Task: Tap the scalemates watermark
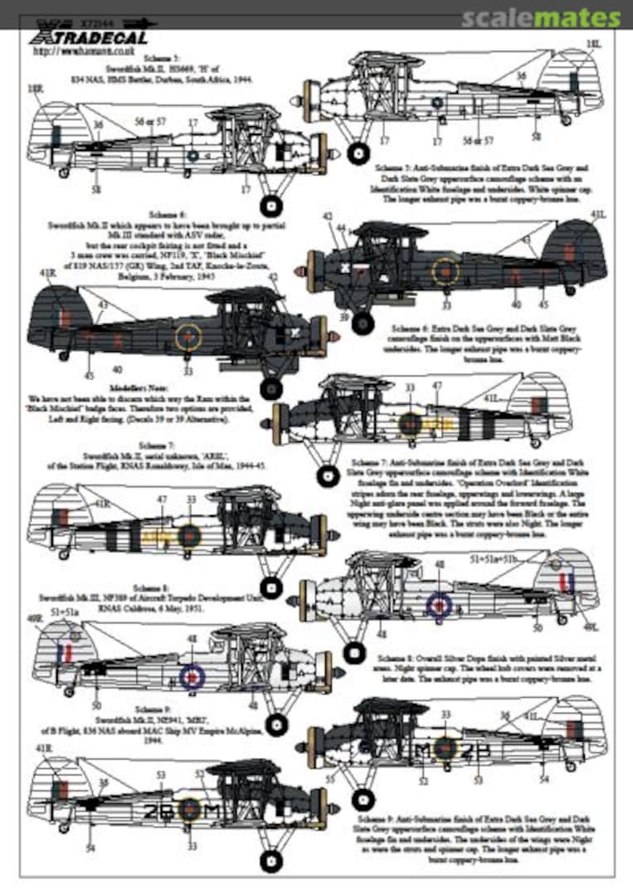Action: [x=540, y=17]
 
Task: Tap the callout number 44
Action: [x=341, y=227]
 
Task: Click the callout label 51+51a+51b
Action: [x=493, y=559]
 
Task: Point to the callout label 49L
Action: [x=590, y=626]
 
